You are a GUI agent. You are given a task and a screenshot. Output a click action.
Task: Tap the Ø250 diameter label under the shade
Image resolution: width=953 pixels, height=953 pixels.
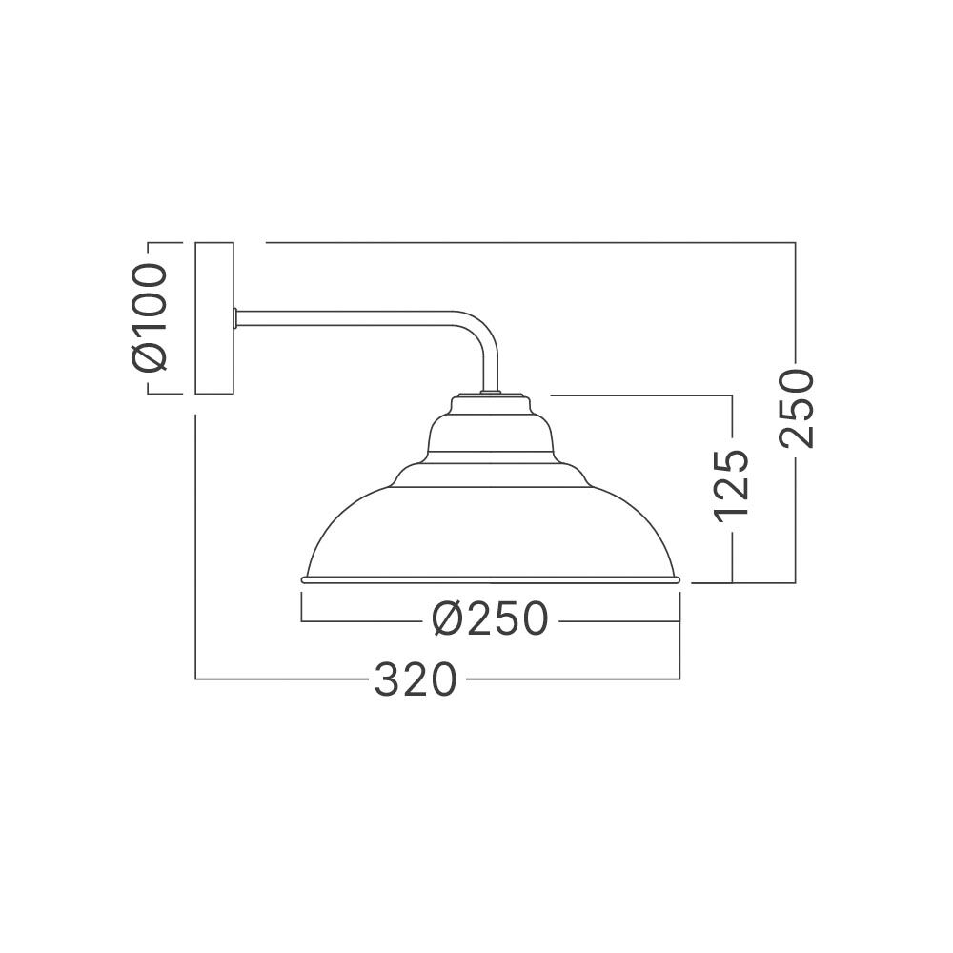pos(490,620)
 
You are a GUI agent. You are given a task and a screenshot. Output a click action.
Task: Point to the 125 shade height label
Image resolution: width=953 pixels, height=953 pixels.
pos(732,485)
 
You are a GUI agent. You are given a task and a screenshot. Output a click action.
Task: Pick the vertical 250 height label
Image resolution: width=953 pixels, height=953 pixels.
pos(796,408)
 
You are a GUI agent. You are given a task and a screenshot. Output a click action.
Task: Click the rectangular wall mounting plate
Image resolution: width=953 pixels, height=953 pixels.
pos(213,318)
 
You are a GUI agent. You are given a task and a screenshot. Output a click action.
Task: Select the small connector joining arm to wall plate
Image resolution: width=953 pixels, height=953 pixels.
pos(235,318)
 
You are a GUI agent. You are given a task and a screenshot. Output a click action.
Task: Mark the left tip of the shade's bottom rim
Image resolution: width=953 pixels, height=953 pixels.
pos(303,578)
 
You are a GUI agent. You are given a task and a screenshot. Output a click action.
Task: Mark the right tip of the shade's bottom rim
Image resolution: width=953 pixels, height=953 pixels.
pos(679,578)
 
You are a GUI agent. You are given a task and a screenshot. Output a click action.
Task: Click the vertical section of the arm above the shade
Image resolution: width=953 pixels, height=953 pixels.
pos(490,367)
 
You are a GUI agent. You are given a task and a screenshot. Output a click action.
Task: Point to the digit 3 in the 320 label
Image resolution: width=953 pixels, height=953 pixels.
pos(385,679)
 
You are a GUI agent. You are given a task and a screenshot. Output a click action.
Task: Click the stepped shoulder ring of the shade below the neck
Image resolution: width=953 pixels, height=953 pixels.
pos(490,472)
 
